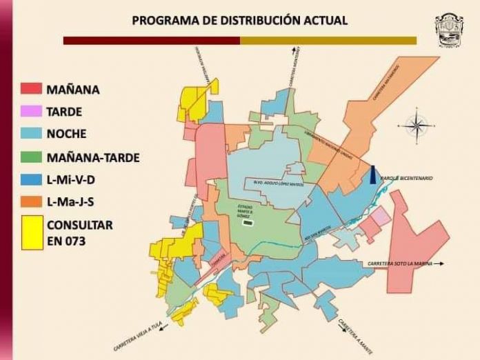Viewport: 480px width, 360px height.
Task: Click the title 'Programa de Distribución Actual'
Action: click(x=240, y=20)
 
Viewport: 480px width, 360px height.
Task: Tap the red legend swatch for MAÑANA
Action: click(x=32, y=89)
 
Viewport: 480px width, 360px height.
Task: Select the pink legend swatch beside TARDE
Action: click(x=32, y=111)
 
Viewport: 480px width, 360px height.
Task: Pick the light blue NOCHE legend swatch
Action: click(x=32, y=133)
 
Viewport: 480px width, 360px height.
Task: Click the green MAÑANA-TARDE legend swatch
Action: click(x=32, y=157)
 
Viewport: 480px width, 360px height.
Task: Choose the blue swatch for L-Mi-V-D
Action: click(x=32, y=180)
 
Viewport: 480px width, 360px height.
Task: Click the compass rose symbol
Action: click(x=417, y=125)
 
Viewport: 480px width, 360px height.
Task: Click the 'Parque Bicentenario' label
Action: click(x=406, y=178)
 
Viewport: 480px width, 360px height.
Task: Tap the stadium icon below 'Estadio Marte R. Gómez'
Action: click(x=248, y=222)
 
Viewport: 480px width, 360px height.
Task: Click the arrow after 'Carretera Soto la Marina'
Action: click(x=439, y=263)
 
